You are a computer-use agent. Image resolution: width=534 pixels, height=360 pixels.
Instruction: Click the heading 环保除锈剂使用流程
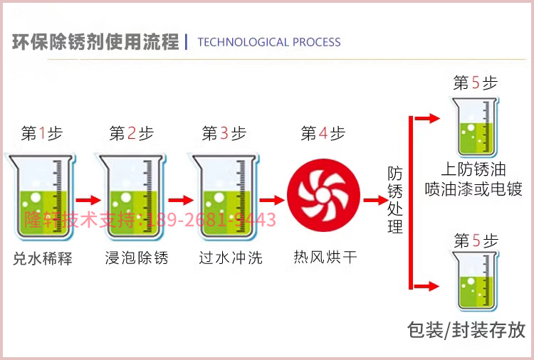tap(95, 42)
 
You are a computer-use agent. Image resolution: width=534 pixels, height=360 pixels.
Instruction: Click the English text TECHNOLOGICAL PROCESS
tap(268, 42)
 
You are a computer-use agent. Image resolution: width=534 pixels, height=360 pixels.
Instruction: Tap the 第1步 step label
tap(42, 133)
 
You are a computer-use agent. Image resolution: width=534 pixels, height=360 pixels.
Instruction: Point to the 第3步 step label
tap(224, 133)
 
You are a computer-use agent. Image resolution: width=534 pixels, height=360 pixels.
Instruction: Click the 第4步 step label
tap(323, 133)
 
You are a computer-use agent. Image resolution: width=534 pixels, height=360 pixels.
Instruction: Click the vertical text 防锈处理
tap(395, 200)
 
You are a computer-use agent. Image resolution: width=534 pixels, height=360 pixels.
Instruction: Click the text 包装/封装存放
tap(466, 329)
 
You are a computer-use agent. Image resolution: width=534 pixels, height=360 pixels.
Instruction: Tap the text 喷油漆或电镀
tap(473, 189)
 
